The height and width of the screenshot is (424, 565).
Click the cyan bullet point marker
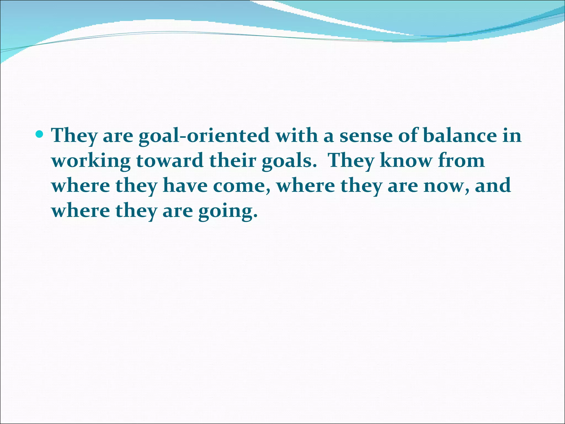[x=40, y=134]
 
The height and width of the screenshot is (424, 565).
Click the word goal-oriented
[x=204, y=136]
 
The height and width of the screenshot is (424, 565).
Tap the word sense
[x=366, y=136]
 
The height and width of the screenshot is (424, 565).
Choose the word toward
[x=170, y=160]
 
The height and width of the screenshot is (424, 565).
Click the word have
[x=185, y=185]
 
